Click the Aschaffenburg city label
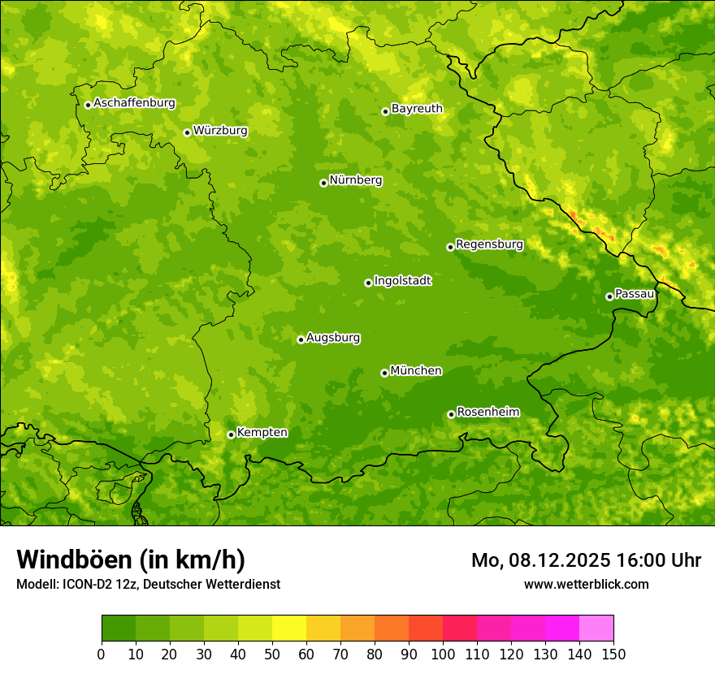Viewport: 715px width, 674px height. coord(134,103)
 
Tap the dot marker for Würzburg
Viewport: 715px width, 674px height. coord(187,132)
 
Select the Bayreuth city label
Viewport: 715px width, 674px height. coord(417,108)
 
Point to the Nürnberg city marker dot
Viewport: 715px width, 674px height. coord(323,183)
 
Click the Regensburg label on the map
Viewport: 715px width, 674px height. coord(489,244)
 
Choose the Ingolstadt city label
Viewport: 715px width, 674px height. coord(402,280)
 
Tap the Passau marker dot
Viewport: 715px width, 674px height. coord(609,296)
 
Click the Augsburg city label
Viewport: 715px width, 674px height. coord(333,337)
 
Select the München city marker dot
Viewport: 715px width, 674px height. coord(384,373)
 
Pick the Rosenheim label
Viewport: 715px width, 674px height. coord(487,412)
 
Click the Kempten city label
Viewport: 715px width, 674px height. coord(262,432)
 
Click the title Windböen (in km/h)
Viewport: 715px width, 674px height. coord(131,560)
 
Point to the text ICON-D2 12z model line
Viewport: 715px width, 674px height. coord(148,584)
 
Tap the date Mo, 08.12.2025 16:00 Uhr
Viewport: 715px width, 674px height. coord(586,560)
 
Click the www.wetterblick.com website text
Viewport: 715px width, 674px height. coord(586,584)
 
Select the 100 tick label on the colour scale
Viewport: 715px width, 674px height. coord(443,655)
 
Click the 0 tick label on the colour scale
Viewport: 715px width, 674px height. coord(102,655)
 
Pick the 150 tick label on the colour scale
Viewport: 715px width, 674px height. coord(613,655)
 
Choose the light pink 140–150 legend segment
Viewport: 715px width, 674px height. coord(596,629)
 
